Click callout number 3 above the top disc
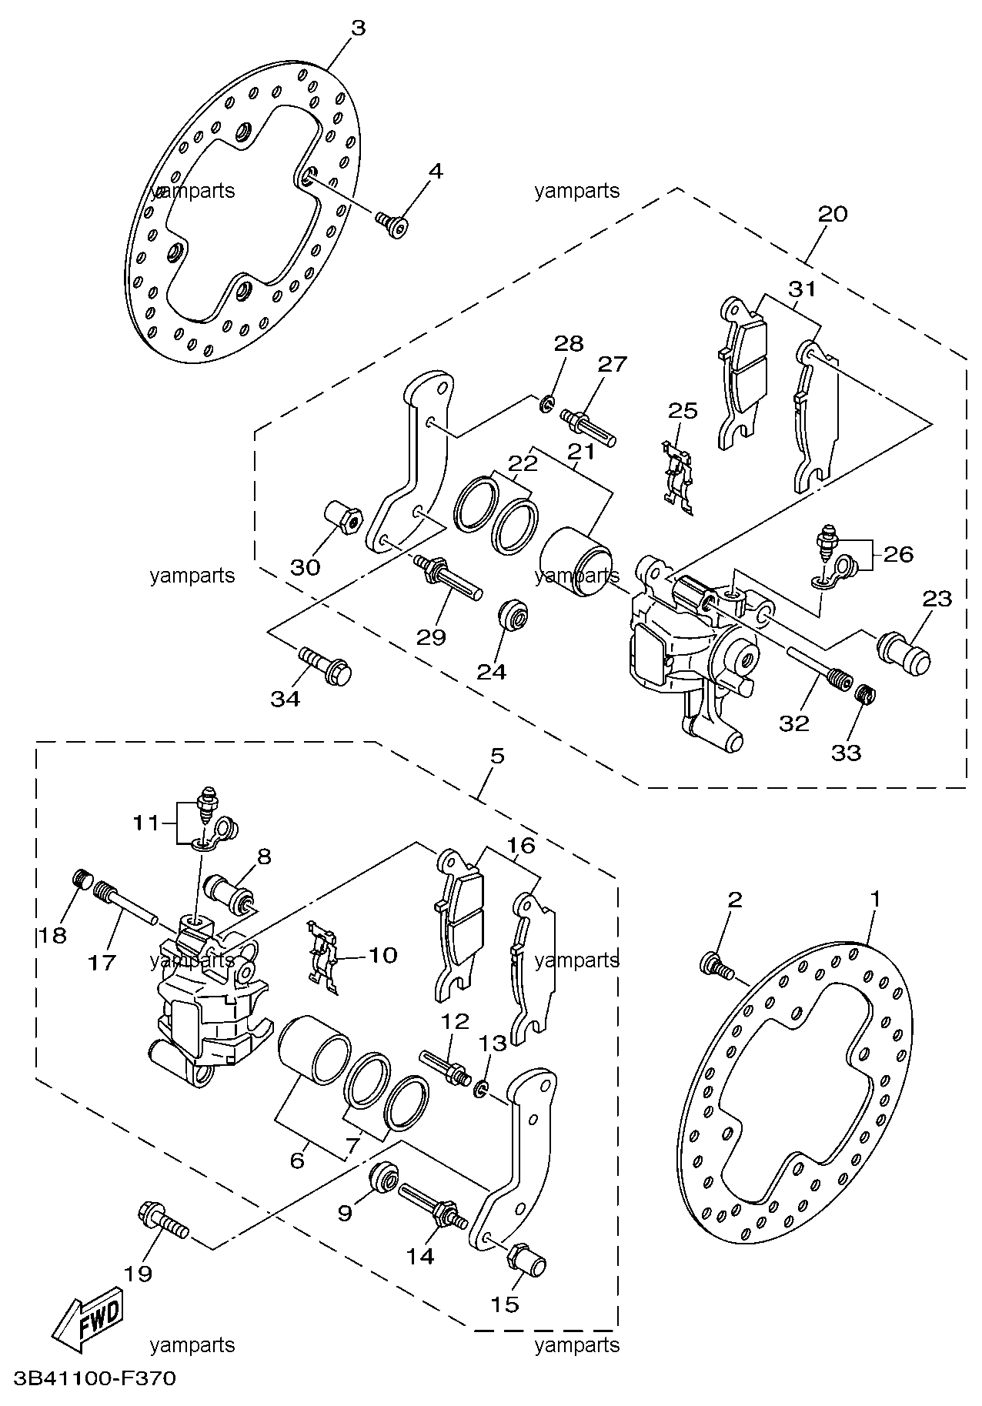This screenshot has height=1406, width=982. tap(358, 28)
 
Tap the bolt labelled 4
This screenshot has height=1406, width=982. tap(392, 224)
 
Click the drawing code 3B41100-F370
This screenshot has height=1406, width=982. tap(89, 1378)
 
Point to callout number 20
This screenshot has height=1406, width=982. tap(832, 213)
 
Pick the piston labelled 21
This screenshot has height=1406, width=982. tap(576, 561)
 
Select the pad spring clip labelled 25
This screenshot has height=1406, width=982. tap(678, 477)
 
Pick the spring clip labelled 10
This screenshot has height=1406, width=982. tap(323, 953)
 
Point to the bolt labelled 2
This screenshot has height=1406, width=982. tap(716, 965)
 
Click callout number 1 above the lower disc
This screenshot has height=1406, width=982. tap(875, 898)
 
